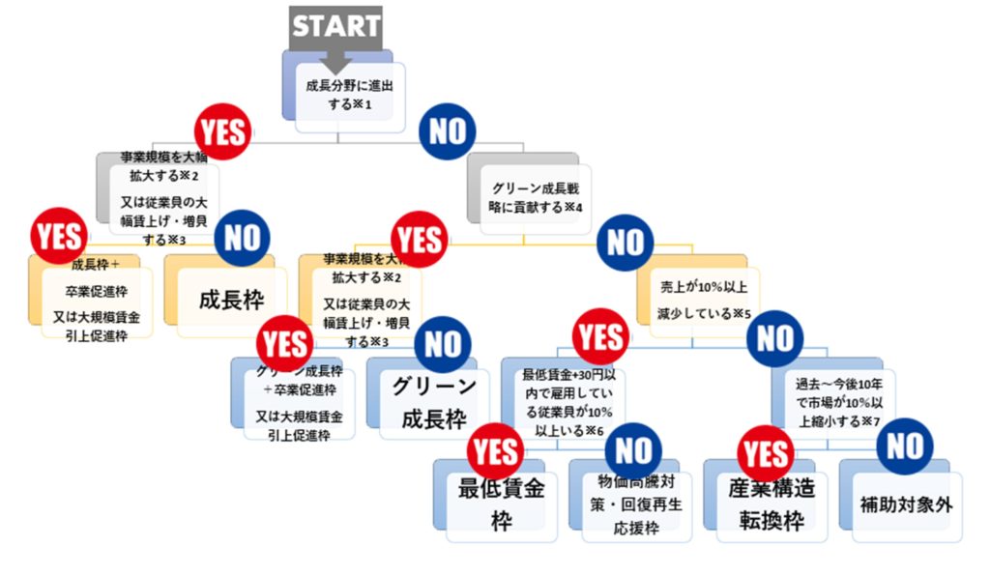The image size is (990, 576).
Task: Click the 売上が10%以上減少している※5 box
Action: click(x=705, y=298)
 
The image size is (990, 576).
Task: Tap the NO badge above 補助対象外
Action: click(x=905, y=446)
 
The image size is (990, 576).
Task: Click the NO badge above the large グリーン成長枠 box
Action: click(x=443, y=343)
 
